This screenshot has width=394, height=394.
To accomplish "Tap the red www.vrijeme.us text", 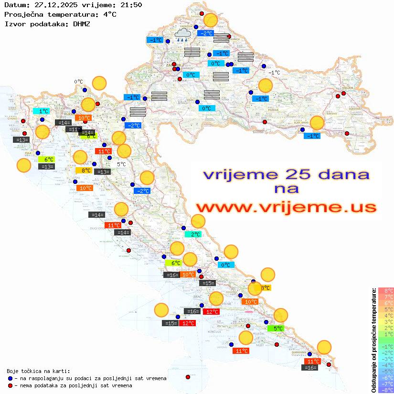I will click(x=286, y=207).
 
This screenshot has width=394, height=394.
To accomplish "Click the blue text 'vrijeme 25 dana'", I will click(x=286, y=174).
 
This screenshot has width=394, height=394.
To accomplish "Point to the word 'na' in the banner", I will click(x=286, y=190).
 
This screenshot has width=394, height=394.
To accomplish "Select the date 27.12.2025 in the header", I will click(x=55, y=5).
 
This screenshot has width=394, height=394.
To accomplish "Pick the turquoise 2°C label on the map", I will click(x=195, y=234).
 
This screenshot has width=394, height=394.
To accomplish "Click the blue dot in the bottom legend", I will click(x=10, y=378).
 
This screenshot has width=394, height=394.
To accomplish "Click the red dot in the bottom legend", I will click(x=10, y=385).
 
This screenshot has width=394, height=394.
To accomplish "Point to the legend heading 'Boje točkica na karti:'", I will click(x=38, y=371).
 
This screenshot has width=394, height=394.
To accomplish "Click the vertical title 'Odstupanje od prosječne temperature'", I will click(x=374, y=340).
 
